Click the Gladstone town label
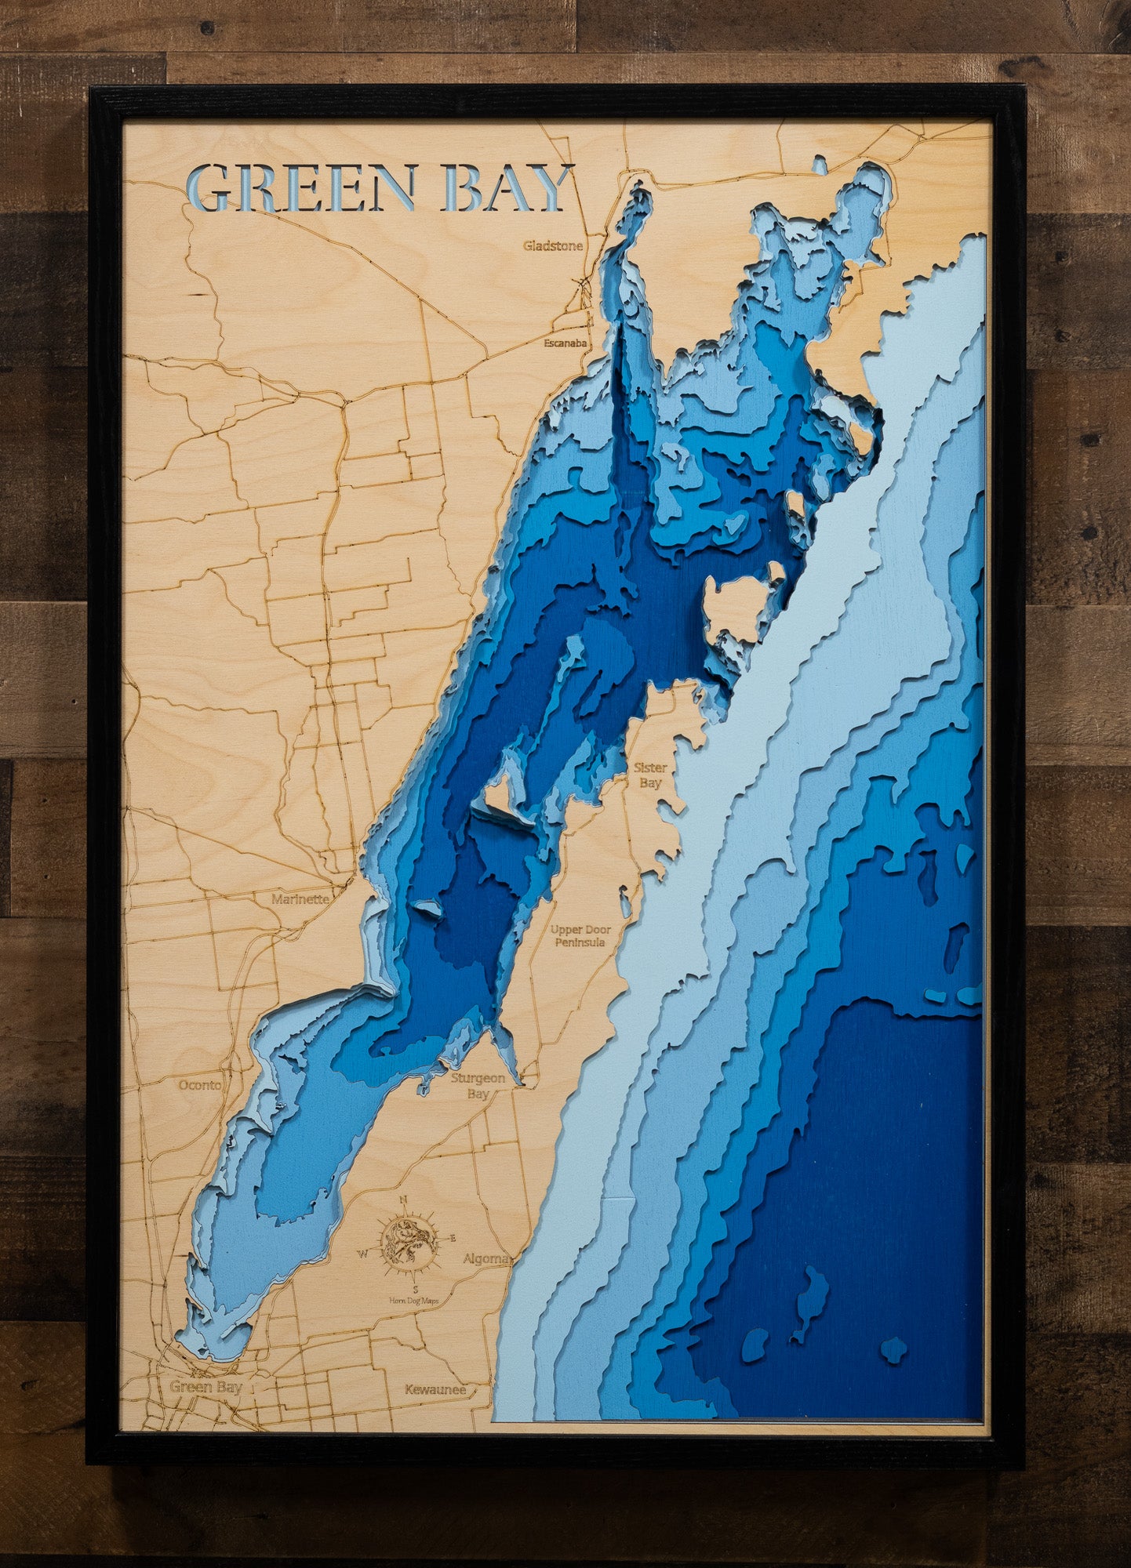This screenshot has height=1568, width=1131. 553,246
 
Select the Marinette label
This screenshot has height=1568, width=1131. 300,899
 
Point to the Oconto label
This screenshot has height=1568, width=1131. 200,1085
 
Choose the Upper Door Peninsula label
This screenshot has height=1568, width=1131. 580,936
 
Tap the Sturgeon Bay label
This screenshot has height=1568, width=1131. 478,1086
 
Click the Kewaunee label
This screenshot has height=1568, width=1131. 435,1390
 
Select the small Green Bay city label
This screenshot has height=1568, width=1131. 206,1387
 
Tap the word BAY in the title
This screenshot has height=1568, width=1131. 506,188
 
